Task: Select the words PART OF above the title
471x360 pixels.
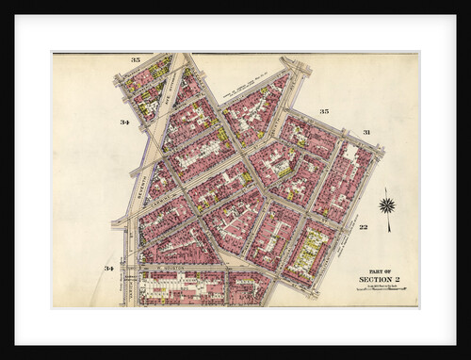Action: click(x=381, y=269)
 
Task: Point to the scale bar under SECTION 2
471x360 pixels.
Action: click(x=382, y=288)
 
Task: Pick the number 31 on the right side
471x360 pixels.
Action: click(x=366, y=132)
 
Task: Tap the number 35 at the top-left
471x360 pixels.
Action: click(x=136, y=60)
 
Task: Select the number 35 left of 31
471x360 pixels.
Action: click(x=324, y=111)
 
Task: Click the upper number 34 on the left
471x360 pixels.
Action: click(x=124, y=123)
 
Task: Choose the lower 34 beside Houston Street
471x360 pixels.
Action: click(x=109, y=269)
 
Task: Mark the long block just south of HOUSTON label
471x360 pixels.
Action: click(x=179, y=286)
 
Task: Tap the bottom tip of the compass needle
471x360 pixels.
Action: click(x=387, y=231)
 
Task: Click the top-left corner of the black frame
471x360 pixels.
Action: click(x=3, y=3)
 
